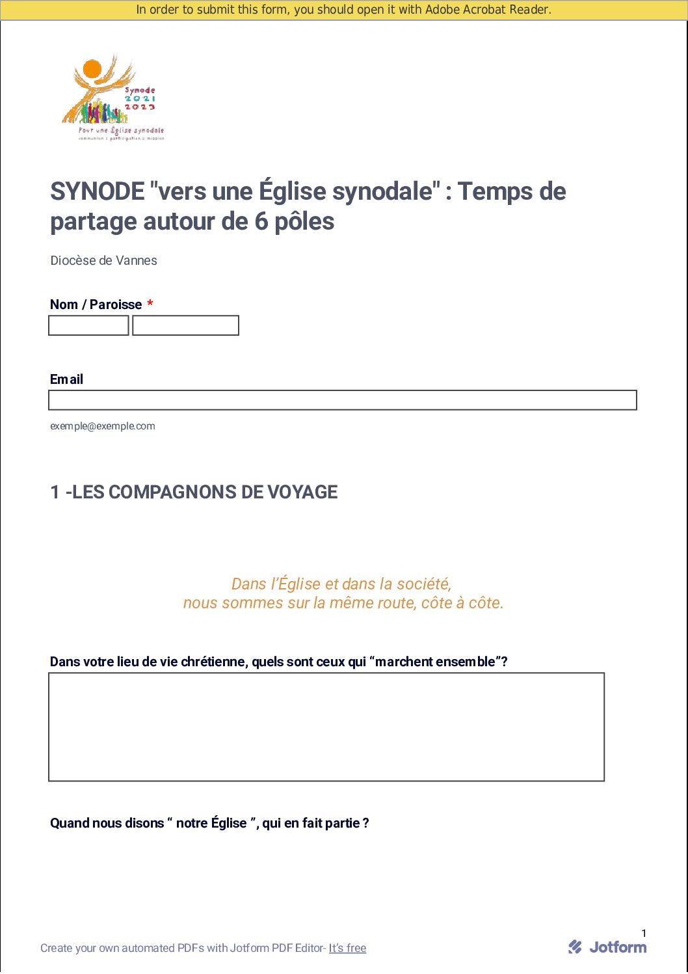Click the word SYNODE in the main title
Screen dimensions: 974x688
click(98, 192)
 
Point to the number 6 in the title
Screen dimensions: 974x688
click(261, 222)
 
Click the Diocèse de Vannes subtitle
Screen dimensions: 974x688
click(104, 261)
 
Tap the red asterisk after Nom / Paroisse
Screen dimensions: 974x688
click(150, 304)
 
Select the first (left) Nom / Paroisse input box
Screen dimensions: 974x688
click(88, 325)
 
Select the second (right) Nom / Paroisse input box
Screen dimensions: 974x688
click(185, 325)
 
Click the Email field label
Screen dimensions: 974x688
click(66, 379)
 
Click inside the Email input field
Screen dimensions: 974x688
click(342, 400)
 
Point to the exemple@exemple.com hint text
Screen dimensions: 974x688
click(103, 426)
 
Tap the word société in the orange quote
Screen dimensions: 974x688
click(423, 584)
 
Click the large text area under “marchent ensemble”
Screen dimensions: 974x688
click(326, 727)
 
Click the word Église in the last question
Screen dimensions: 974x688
click(229, 823)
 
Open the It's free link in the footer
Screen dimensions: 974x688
click(347, 948)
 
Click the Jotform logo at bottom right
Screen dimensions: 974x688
click(607, 947)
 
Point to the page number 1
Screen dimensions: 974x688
click(644, 933)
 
